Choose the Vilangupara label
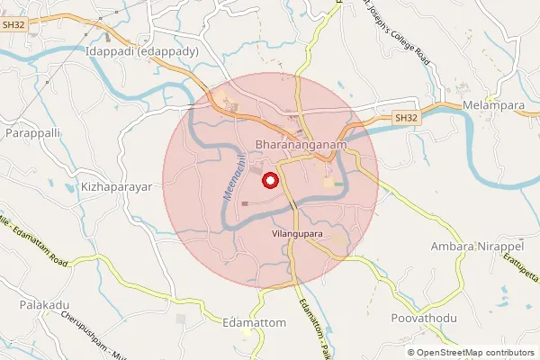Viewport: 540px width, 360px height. (x=297, y=232)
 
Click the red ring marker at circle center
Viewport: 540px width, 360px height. (x=269, y=181)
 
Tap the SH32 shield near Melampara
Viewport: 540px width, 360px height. (x=407, y=117)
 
